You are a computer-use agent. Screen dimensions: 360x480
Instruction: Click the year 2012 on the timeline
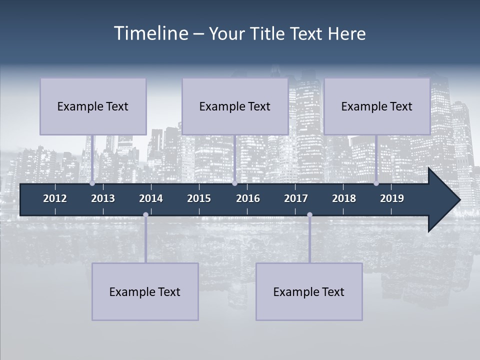pos(55,198)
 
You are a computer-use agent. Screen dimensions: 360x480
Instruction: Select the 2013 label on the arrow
pos(103,198)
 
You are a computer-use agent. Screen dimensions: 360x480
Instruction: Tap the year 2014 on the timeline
pos(151,198)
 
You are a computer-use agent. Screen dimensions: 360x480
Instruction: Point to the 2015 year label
pos(199,198)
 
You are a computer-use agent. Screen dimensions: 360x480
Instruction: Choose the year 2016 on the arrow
pos(248,198)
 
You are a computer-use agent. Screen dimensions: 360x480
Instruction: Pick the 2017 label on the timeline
pos(296,198)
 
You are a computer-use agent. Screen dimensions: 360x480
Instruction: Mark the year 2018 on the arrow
pos(344,198)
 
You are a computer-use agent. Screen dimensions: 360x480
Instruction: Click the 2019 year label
pos(392,198)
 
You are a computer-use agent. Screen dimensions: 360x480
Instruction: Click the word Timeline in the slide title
pos(149,33)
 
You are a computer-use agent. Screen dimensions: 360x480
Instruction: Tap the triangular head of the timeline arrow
pos(443,200)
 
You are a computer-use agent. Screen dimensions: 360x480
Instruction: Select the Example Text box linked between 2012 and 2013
pos(93,106)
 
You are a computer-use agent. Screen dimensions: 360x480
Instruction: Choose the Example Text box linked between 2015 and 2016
pos(235,106)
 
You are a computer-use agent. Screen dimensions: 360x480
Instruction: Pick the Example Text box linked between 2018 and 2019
pos(377,106)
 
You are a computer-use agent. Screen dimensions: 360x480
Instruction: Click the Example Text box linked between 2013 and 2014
pos(145,291)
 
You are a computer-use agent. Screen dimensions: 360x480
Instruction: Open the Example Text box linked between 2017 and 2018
pos(309,291)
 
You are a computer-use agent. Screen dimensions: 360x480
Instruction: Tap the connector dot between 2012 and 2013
pos(92,183)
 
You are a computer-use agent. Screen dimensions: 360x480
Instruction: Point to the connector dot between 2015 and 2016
pos(234,183)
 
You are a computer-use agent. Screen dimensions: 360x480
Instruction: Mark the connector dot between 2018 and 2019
pos(376,183)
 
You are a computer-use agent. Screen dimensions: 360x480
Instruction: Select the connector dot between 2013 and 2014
pos(145,214)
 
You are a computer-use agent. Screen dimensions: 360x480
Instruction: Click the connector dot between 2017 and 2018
pos(309,214)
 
